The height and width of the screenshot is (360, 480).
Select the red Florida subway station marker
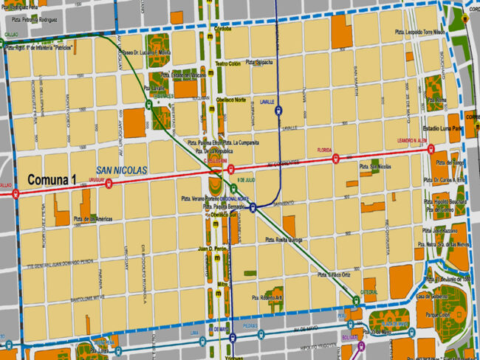[336, 157]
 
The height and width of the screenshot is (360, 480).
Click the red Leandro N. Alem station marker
[431, 148]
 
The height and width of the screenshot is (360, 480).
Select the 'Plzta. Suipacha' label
[261, 62]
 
